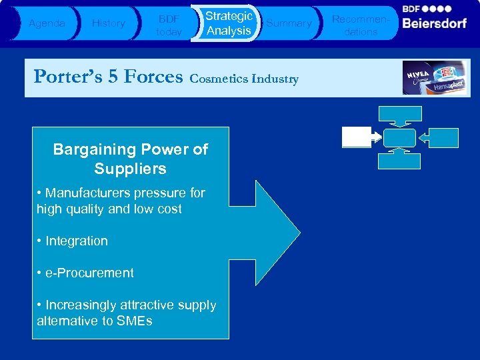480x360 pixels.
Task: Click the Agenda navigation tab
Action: click(47, 23)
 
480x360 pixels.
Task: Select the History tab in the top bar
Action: click(108, 23)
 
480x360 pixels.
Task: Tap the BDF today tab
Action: click(168, 24)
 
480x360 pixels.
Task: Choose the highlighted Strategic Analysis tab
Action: click(228, 23)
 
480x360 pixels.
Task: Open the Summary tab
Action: click(289, 23)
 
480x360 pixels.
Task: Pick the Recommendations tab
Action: click(360, 24)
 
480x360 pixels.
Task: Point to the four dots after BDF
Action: click(440, 9)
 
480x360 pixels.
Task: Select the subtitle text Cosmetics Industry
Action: click(244, 79)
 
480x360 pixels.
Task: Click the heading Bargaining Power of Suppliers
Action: click(130, 159)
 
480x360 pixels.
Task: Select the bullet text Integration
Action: click(76, 241)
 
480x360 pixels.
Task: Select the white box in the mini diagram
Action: click(357, 137)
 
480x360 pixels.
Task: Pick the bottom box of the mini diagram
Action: click(399, 161)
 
